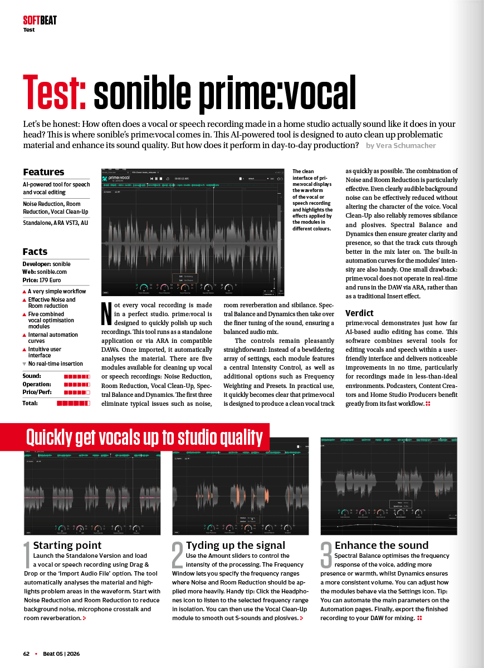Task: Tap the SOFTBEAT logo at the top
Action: click(40, 21)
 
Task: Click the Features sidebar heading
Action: click(43, 172)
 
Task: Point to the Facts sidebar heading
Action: click(35, 252)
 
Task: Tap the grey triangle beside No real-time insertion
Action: click(25, 364)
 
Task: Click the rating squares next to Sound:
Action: click(76, 376)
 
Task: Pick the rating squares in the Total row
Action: click(73, 402)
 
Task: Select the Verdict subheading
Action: click(359, 313)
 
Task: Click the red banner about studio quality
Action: click(144, 438)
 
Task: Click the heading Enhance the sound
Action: click(382, 545)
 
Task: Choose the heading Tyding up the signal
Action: click(236, 545)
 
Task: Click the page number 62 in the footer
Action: click(27, 654)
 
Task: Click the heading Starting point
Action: click(67, 545)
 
